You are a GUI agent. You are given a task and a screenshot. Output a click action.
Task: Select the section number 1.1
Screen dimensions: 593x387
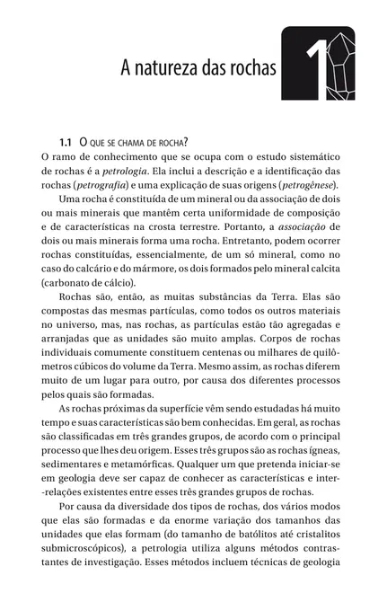click(65, 144)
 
